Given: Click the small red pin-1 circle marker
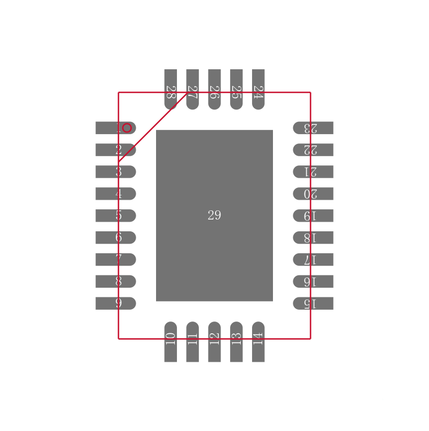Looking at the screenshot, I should point(127,128).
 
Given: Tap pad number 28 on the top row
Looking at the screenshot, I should point(171,89).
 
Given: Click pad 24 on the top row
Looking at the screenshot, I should point(258,89).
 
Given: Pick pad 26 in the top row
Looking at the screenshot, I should point(214,89).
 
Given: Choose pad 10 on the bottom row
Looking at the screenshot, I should point(171,342).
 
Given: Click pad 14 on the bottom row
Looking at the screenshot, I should point(258,342).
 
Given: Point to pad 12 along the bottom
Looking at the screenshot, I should point(214,342).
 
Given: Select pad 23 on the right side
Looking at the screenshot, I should point(313,128).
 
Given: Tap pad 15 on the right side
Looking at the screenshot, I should point(313,303).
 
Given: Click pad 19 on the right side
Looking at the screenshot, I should point(313,216).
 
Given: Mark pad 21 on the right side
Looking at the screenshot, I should point(313,172).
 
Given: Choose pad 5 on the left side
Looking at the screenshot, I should point(115,216).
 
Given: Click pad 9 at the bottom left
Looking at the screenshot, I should point(115,303).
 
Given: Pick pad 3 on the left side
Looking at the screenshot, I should point(115,172).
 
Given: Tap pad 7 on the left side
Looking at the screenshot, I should point(115,259).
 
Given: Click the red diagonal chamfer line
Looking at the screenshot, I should point(153,127).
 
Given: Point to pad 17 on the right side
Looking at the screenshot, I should point(313,259).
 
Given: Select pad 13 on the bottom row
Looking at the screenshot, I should point(236,342).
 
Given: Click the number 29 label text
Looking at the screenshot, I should point(214,215).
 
